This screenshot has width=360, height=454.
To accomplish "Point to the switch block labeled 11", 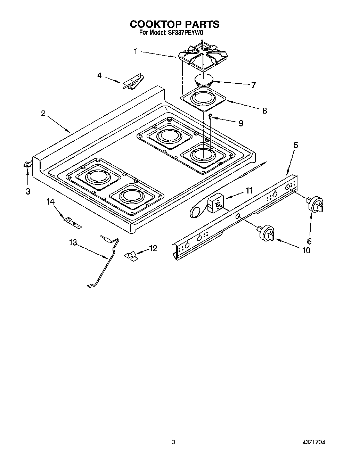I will click(x=215, y=204).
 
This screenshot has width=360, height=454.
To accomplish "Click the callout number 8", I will click(x=264, y=111).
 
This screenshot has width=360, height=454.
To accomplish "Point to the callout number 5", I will click(x=295, y=145).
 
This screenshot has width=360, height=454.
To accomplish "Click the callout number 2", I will click(x=43, y=113).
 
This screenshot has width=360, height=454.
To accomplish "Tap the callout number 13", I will click(x=73, y=242).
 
